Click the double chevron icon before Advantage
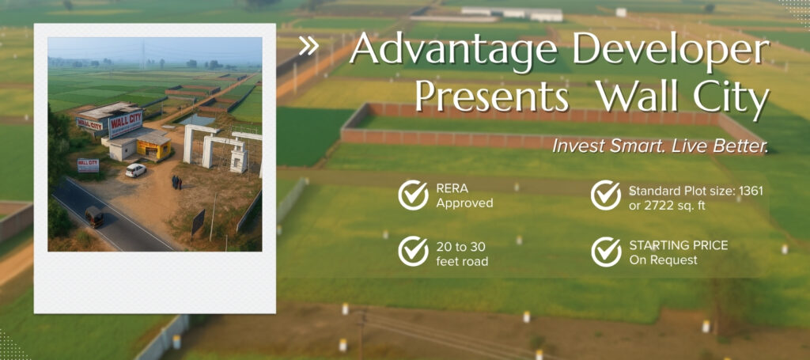[308, 47]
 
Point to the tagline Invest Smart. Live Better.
[660, 146]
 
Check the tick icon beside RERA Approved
[413, 195]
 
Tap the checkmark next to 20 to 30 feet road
[413, 252]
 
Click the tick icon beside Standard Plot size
[606, 195]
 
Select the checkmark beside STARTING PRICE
[606, 252]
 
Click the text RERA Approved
[464, 195]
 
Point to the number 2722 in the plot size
[661, 205]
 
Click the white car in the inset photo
[135, 169]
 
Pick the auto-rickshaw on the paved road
[94, 217]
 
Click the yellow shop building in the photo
[153, 148]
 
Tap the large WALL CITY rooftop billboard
[125, 123]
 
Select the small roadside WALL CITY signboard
[88, 165]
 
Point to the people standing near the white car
[176, 182]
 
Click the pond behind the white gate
[196, 119]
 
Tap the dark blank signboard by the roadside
[199, 222]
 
